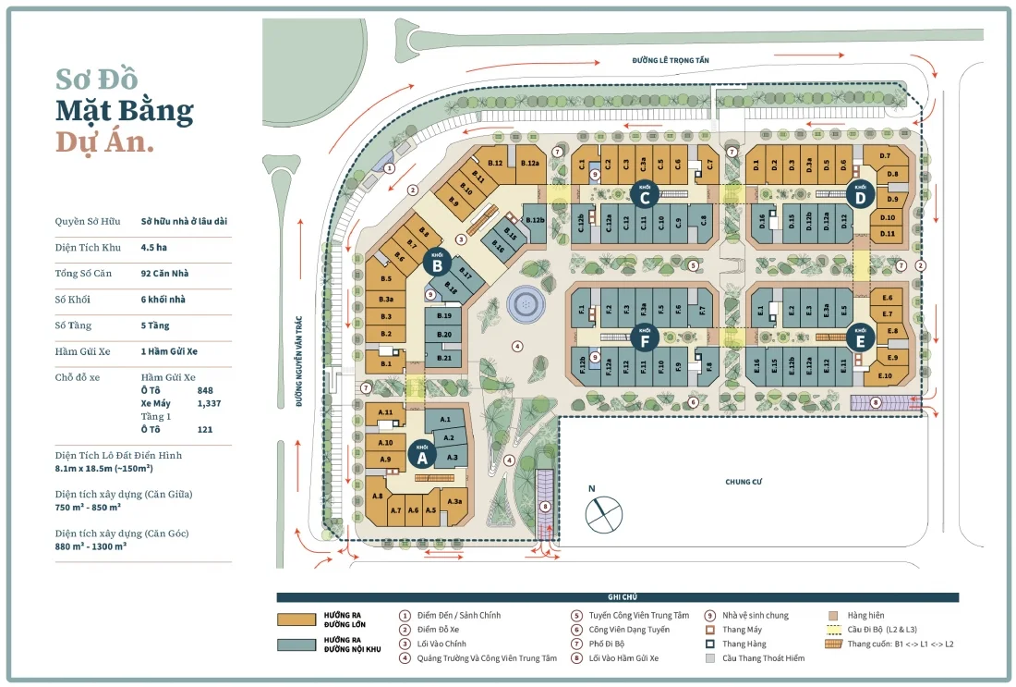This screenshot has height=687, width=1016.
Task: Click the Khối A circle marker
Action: pos(423,455)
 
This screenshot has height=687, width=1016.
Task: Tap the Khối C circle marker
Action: pos(645,195)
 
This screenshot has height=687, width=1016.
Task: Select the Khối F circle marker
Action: pos(645,338)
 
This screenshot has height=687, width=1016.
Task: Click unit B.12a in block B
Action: pos(529,164)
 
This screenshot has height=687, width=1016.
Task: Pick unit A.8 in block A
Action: pos(377,497)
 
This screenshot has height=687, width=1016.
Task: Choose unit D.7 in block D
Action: pos(885,155)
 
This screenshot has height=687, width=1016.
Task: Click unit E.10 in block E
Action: pos(884,374)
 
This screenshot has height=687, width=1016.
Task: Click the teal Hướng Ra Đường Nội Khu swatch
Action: pos(296,644)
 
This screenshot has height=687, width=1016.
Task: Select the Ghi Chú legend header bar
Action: pos(617,597)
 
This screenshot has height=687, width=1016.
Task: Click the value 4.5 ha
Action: pos(153,247)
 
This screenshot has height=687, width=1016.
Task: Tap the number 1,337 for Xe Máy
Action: pos(209,403)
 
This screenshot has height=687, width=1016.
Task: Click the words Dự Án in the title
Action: pos(104,143)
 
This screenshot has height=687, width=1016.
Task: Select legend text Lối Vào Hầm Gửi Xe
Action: pos(635,658)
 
